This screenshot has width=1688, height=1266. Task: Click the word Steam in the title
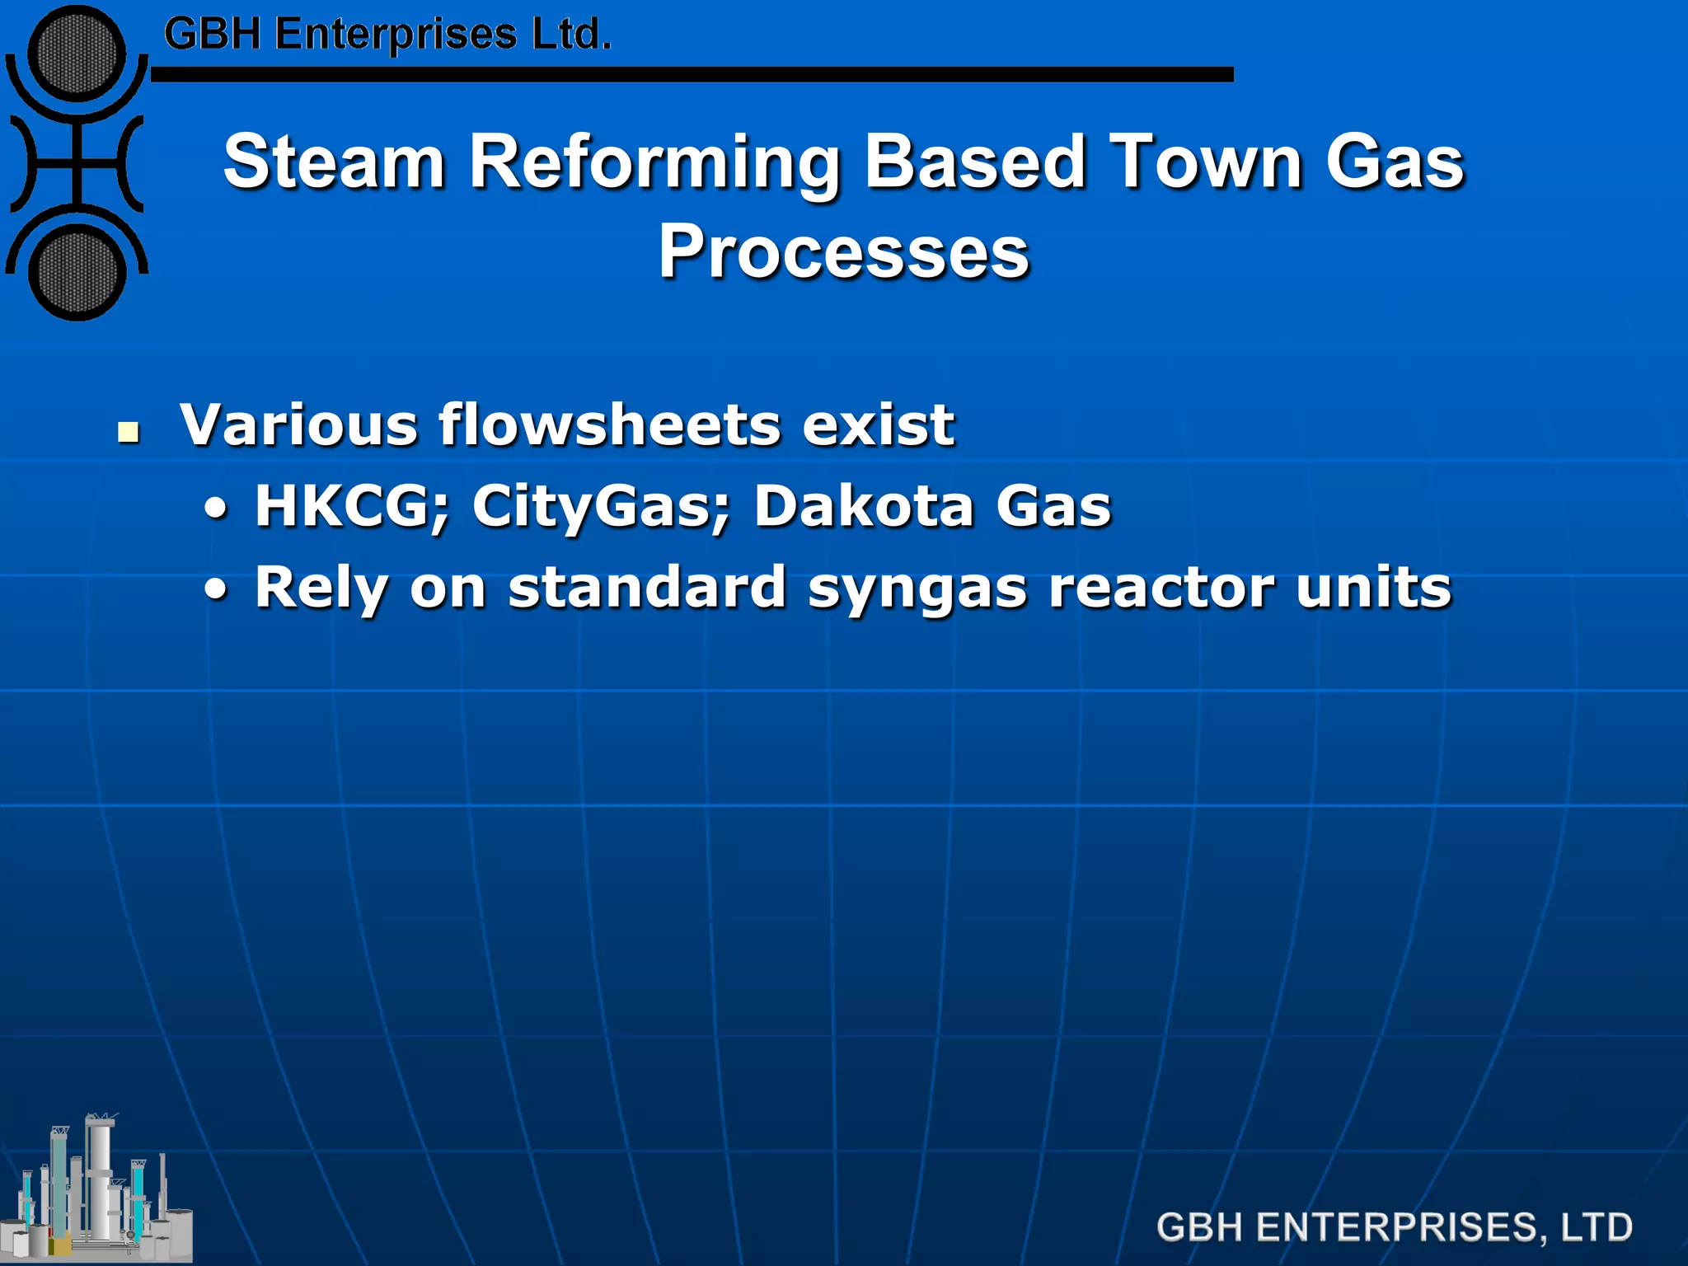pos(334,162)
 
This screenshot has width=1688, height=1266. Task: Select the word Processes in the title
pos(843,251)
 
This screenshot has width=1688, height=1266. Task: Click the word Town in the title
pos(1205,162)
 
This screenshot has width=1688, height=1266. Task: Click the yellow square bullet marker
pos(128,431)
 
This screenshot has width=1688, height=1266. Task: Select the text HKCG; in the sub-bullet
pos(352,506)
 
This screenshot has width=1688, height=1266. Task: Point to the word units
pos(1372,588)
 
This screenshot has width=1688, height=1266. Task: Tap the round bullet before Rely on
pos(216,590)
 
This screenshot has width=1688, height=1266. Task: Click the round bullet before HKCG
pos(216,509)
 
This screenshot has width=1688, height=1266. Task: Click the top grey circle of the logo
pos(77,54)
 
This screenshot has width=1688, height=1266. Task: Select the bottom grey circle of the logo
pos(77,273)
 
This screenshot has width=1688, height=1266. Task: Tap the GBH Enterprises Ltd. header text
pos(387,35)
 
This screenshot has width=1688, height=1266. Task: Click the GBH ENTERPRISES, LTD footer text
pos(1394,1227)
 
